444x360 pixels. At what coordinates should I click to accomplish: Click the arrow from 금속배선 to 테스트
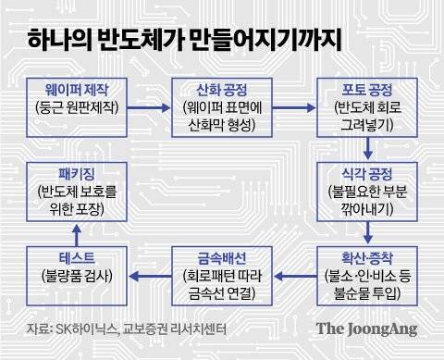(150, 271)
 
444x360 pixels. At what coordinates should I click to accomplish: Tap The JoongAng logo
(366, 329)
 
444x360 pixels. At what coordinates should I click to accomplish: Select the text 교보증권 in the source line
(152, 330)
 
